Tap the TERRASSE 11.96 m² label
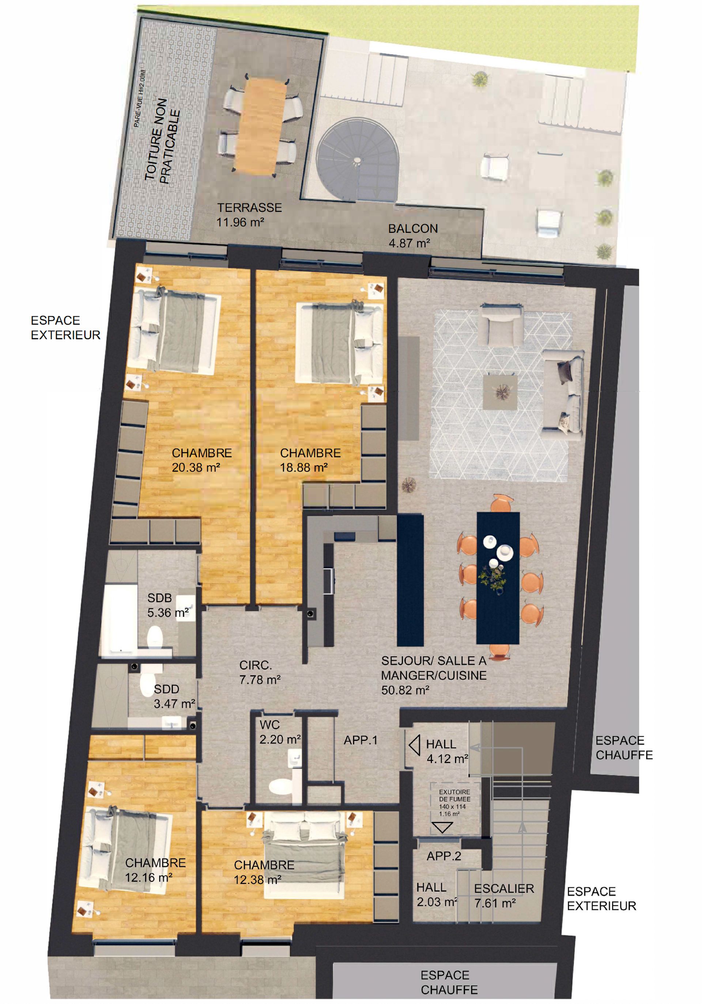click(x=249, y=215)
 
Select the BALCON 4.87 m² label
click(x=412, y=236)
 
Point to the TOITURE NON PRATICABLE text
click(x=162, y=140)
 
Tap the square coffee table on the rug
click(x=500, y=392)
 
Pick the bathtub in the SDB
click(x=120, y=619)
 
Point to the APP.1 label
click(x=361, y=740)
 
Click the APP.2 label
click(x=444, y=856)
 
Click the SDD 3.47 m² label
click(x=174, y=696)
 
